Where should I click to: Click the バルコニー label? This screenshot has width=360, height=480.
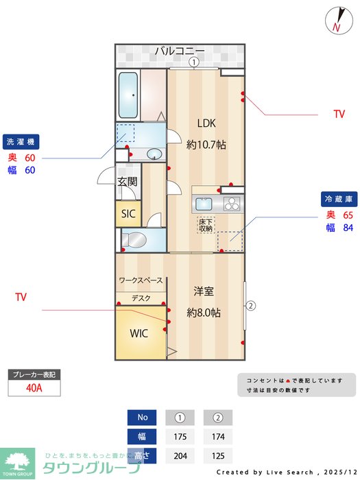point(180,51)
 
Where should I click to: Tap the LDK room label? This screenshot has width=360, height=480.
point(206,124)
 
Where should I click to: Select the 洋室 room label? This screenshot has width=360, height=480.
point(204,291)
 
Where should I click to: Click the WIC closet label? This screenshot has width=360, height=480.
point(139,334)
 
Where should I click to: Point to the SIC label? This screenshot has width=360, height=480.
point(128,214)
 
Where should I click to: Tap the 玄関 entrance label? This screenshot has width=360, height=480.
point(127,182)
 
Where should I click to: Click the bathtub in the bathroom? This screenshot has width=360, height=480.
point(129,95)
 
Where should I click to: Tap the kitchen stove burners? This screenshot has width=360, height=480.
point(231,204)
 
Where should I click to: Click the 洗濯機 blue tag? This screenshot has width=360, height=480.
point(21,142)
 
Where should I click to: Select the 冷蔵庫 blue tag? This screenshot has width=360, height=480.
point(339,199)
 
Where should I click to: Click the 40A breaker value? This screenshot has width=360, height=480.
point(34,388)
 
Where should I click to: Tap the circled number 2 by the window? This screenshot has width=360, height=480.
point(251,306)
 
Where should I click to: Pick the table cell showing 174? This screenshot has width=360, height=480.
point(218,436)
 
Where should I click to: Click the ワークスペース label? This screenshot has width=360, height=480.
point(141,280)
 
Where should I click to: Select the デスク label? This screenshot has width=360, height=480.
point(141,298)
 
